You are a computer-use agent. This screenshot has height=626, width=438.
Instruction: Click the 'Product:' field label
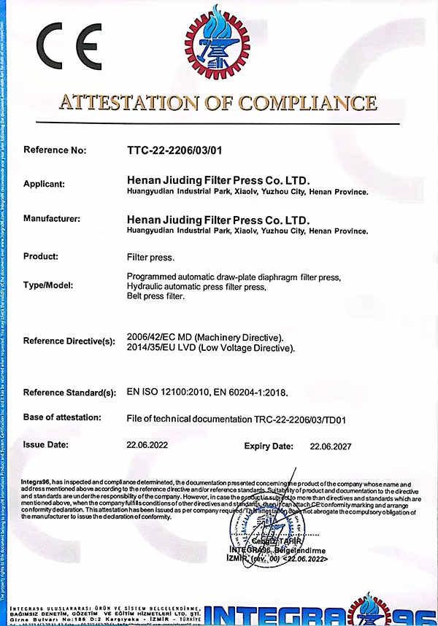point(41,256)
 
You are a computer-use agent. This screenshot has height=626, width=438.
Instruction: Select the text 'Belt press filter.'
point(156,297)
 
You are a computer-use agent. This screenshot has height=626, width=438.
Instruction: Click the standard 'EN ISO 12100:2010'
point(168,393)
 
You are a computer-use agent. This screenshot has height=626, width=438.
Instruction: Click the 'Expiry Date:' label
point(268,445)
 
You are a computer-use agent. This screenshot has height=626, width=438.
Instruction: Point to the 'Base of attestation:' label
point(66,417)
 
